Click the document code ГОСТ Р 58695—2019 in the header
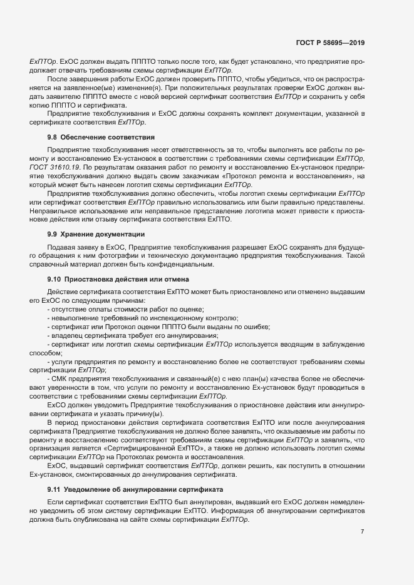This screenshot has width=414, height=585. point(331,43)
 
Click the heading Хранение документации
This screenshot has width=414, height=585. point(102,234)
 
